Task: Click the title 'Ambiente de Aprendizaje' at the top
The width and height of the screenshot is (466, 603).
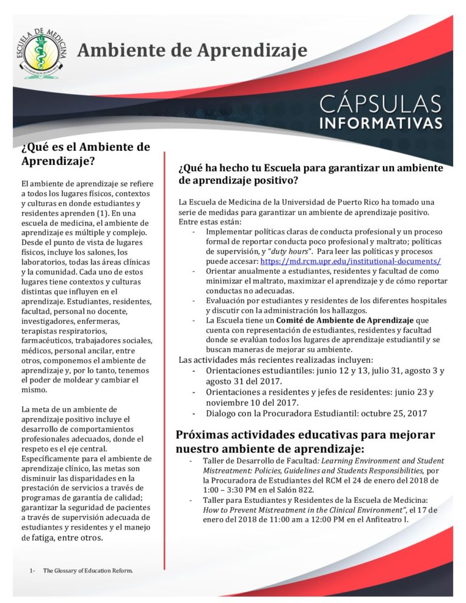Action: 192,51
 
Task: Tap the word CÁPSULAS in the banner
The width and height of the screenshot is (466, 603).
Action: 380,104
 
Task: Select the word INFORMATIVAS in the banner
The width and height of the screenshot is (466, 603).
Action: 381,124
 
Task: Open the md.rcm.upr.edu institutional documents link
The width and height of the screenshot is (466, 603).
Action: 351,261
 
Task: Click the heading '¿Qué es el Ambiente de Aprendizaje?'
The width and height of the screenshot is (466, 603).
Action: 85,153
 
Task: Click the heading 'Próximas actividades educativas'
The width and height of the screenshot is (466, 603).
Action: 305,441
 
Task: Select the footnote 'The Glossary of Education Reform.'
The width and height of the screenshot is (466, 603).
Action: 88,571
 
